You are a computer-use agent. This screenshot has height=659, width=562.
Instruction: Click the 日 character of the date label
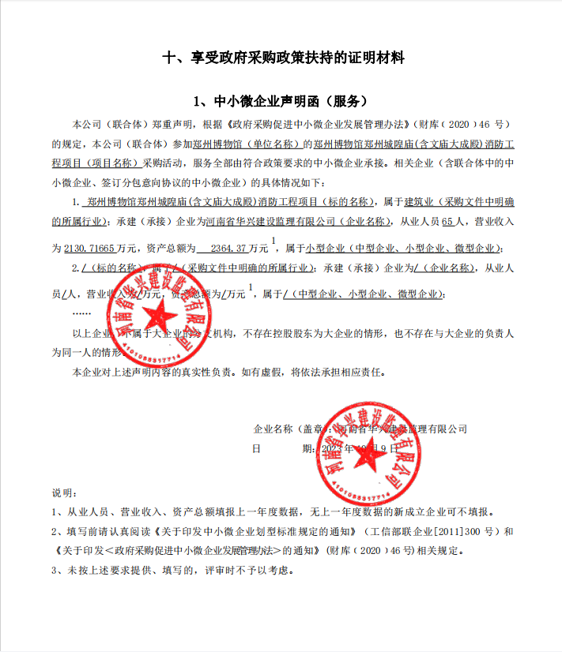click(x=256, y=448)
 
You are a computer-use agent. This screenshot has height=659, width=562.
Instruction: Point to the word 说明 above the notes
click(x=62, y=493)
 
